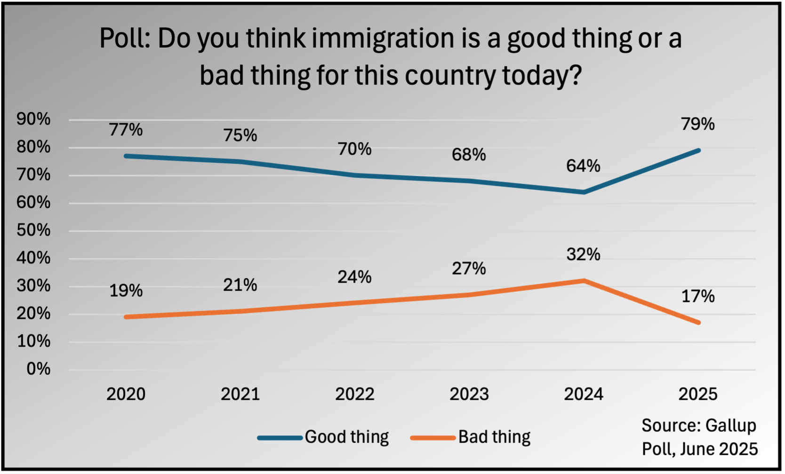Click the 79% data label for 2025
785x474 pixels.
pyautogui.click(x=697, y=124)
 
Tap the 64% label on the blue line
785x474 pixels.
pyautogui.click(x=583, y=166)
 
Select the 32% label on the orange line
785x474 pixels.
pyautogui.click(x=583, y=254)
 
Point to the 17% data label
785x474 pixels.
pyautogui.click(x=697, y=296)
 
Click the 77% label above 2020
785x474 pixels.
pyautogui.click(x=126, y=130)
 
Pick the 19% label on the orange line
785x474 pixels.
pyautogui.click(x=126, y=291)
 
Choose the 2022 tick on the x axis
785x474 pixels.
pyautogui.click(x=354, y=394)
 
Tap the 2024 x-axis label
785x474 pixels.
pyautogui.click(x=583, y=394)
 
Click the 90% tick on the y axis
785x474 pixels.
pyautogui.click(x=33, y=119)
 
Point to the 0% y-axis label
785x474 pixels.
pyautogui.click(x=38, y=369)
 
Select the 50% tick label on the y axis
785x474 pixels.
pyautogui.click(x=33, y=230)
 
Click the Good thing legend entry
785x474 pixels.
pyautogui.click(x=346, y=437)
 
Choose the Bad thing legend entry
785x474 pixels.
pyautogui.click(x=494, y=437)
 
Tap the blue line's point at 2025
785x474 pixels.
pyautogui.click(x=698, y=150)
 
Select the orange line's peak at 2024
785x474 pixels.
pyautogui.click(x=584, y=281)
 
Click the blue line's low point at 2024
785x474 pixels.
pyautogui.click(x=584, y=192)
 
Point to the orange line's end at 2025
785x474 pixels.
pyautogui.click(x=698, y=323)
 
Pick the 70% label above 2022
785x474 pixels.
pyautogui.click(x=354, y=149)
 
